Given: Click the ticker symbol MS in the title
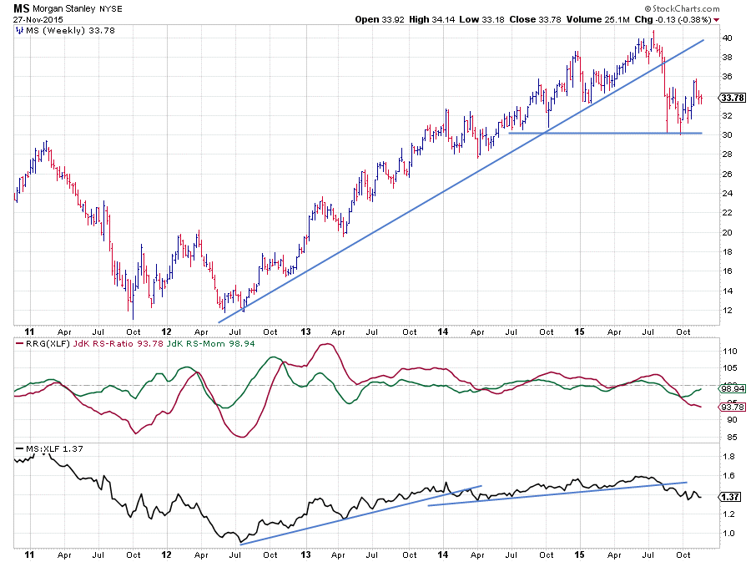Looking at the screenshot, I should click(21, 8).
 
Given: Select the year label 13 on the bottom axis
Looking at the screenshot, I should click(305, 553).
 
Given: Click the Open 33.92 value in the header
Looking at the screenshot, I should click(381, 19).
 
